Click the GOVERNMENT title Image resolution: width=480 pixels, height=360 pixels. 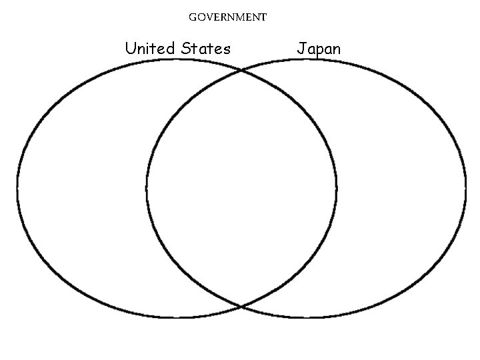[x=227, y=17]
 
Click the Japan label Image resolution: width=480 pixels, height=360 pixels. [x=319, y=49]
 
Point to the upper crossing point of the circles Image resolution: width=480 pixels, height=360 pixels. [x=241, y=69]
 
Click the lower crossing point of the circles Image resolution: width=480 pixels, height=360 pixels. [x=241, y=307]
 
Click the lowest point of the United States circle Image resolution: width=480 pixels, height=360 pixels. [x=177, y=317]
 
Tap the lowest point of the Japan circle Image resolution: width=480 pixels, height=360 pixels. [x=306, y=317]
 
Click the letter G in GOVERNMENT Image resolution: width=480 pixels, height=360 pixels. [x=192, y=17]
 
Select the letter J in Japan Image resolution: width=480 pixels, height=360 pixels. [x=301, y=49]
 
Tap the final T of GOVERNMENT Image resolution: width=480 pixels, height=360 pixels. [x=263, y=17]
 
